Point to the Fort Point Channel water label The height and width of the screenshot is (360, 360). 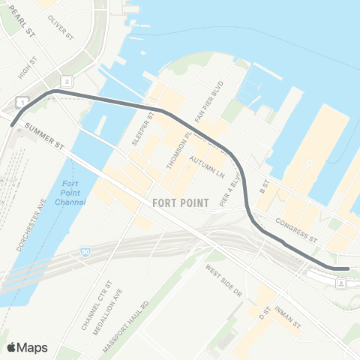point(71,193)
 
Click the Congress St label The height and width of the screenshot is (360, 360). point(297,229)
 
